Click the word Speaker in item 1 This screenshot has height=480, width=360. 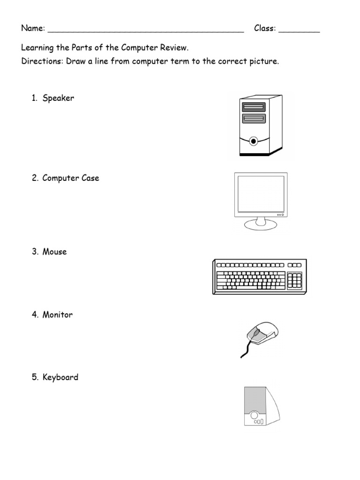point(58,98)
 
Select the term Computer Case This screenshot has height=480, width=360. point(71,178)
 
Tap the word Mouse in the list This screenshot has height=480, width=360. point(55,252)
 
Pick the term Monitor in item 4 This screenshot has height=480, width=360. point(58,315)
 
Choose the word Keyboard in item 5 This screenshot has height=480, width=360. point(60,377)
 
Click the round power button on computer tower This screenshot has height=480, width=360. point(254,140)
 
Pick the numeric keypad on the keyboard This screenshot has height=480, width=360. point(294,280)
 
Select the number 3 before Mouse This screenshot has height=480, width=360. point(35,252)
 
